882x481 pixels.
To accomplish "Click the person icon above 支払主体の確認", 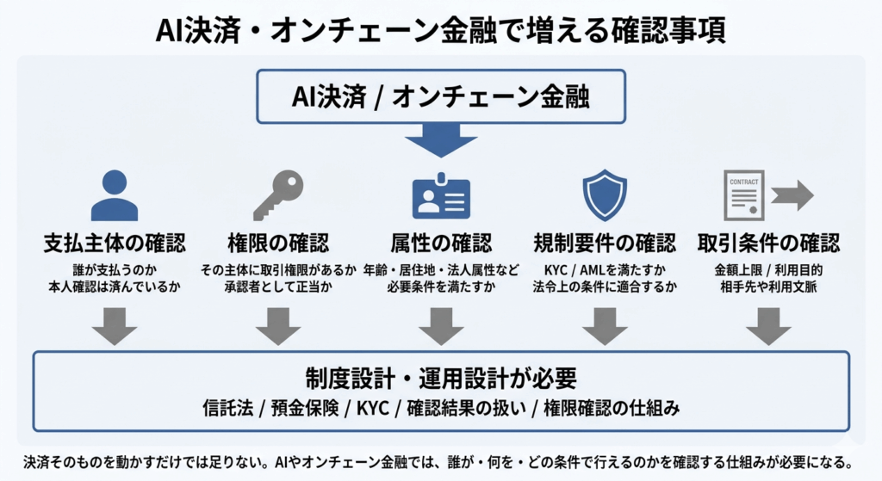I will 114,196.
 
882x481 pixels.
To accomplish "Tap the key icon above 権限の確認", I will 277,195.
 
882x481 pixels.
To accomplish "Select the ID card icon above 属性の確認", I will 441,197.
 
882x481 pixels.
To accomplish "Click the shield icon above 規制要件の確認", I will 605,195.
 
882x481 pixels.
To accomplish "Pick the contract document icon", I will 743,196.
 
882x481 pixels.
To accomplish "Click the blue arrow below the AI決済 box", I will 441,140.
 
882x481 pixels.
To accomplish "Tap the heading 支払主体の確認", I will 114,243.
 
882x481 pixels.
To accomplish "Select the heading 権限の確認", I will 277,243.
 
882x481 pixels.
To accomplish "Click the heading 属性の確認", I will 441,243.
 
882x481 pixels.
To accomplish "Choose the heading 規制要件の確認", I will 605,243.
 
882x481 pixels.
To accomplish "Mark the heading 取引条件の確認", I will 767,243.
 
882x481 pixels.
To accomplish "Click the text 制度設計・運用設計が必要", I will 441,379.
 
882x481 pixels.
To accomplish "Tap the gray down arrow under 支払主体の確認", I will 114,326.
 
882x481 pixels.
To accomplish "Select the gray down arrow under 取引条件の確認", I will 767,326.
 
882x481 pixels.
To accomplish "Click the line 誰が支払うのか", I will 114,269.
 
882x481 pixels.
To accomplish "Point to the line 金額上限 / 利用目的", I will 767,269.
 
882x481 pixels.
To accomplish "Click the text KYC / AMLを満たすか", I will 605,269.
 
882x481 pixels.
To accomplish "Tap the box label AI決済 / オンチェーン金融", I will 441,96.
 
